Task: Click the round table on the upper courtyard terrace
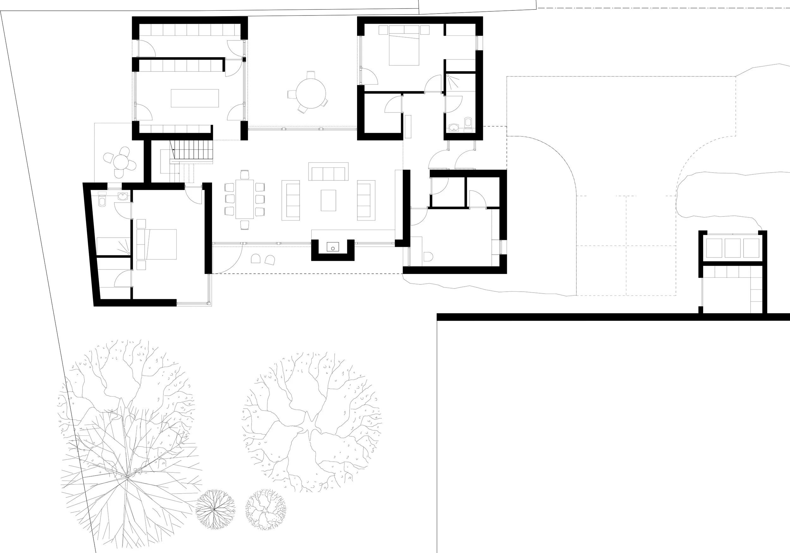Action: (x=311, y=93)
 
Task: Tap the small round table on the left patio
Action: (x=120, y=162)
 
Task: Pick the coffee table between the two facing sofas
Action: (x=328, y=200)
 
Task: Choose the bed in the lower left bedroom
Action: (x=156, y=244)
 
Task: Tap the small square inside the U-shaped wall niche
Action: (x=333, y=247)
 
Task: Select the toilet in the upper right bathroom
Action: (x=468, y=123)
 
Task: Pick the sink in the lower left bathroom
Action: (x=123, y=197)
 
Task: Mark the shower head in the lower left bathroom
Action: (x=128, y=253)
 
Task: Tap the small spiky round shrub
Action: (x=216, y=509)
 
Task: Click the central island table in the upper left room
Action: (x=195, y=98)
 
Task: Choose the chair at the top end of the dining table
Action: (x=245, y=175)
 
